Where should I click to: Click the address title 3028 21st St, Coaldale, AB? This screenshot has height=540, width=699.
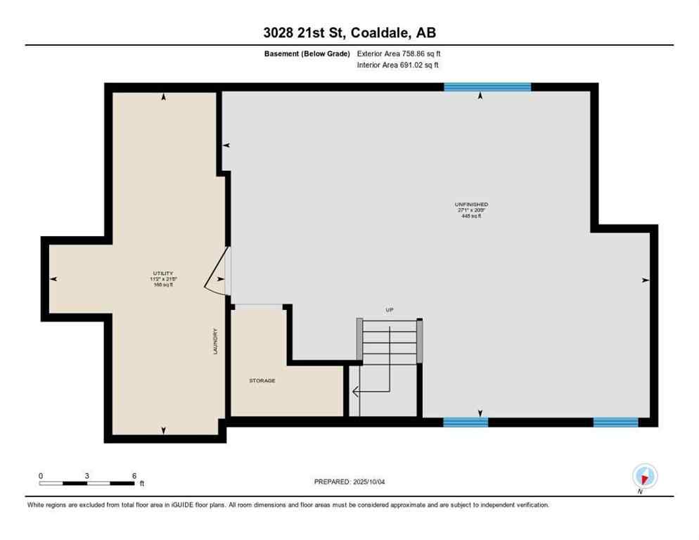coord(349,33)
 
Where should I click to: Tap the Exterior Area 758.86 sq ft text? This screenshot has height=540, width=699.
coord(399,53)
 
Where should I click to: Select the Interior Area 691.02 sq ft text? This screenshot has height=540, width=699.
coord(398,65)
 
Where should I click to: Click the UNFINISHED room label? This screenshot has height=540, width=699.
coord(471,205)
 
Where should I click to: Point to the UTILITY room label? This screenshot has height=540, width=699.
coord(163,274)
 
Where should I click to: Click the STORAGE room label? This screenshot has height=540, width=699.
coord(262,380)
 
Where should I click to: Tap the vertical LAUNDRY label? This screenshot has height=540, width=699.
coord(216,341)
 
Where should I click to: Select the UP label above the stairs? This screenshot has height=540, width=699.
coord(389,309)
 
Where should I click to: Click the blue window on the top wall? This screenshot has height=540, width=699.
coord(487,87)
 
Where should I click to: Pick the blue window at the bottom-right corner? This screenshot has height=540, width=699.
coord(615,423)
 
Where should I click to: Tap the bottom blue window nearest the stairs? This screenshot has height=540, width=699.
coord(466,423)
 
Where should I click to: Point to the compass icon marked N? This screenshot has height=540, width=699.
coord(644,477)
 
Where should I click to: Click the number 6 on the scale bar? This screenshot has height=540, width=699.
coord(134,475)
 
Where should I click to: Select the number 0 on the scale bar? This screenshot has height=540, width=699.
coord(41,475)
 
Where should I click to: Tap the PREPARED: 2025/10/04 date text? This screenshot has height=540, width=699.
coord(349,482)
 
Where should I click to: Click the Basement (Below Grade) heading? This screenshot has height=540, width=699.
coord(312,53)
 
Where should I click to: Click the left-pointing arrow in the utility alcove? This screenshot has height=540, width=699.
coord(53,279)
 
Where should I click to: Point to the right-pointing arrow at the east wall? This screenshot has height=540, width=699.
coord(645,280)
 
